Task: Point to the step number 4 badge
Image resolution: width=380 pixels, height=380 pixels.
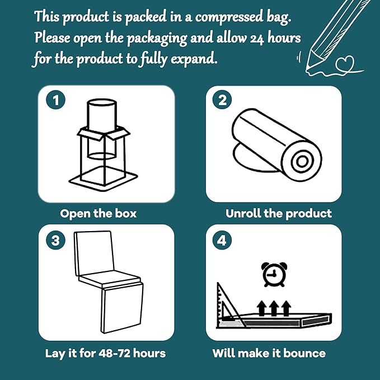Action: (222, 241)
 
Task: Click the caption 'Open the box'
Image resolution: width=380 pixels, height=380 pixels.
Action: (98, 213)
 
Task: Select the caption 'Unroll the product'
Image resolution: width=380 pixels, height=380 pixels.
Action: (278, 213)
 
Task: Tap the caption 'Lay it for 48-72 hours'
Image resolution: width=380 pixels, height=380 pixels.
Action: (105, 353)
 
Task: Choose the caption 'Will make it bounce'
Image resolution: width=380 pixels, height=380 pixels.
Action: (269, 353)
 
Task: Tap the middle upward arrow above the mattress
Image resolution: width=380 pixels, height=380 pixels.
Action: (274, 307)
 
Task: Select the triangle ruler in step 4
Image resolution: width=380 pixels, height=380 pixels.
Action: (228, 307)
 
